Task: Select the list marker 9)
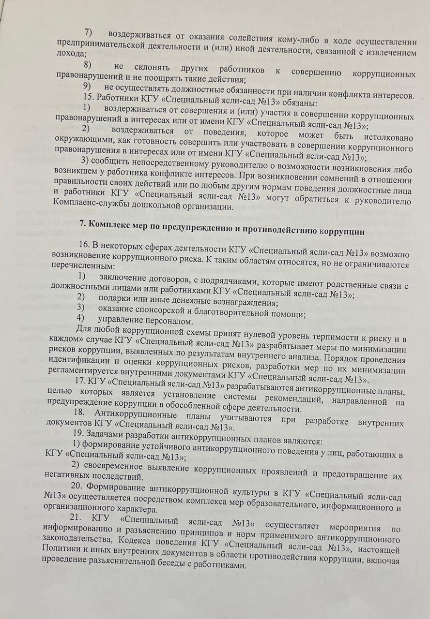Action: coord(87,86)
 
